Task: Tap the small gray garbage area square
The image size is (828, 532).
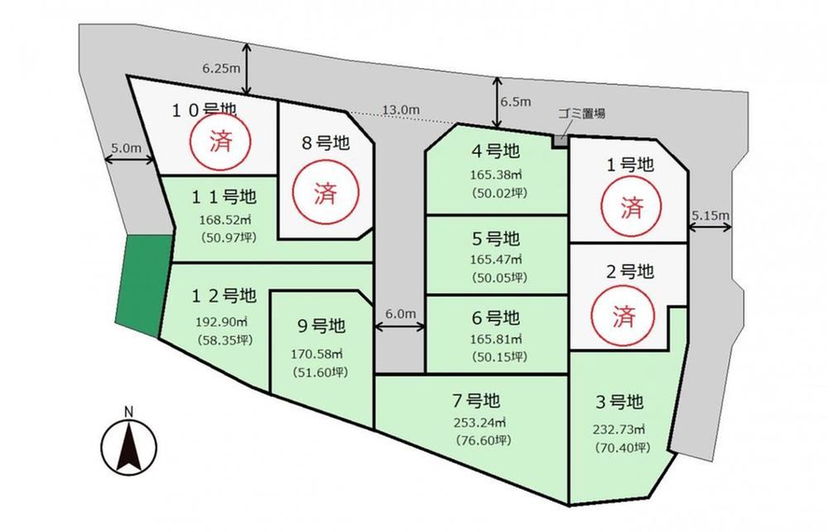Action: [x=560, y=141]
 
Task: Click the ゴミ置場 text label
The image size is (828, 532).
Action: [x=581, y=113]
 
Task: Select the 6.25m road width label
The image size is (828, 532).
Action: [x=221, y=68]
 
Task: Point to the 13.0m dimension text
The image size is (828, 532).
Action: [x=401, y=110]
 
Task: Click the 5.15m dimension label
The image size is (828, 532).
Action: [x=710, y=215]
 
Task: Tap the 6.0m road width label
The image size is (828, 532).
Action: [x=400, y=314]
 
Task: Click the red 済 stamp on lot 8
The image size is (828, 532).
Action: [x=325, y=192]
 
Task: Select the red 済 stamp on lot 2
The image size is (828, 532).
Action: [x=623, y=316]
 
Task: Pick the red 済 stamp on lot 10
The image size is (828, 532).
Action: [x=221, y=141]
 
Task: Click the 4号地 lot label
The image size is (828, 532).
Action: [x=496, y=151]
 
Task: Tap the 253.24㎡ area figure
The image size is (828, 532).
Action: [x=479, y=423]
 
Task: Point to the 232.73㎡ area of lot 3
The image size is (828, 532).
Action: [x=619, y=429]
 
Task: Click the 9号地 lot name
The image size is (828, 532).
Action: [x=321, y=326]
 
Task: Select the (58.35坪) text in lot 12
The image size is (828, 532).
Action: [x=224, y=340]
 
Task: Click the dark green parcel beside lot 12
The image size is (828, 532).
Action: [x=143, y=285]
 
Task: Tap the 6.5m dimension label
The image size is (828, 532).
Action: [x=516, y=101]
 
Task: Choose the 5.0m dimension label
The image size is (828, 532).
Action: [x=126, y=148]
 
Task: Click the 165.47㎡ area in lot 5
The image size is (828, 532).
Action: [x=496, y=259]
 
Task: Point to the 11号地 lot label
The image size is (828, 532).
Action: [x=224, y=197]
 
